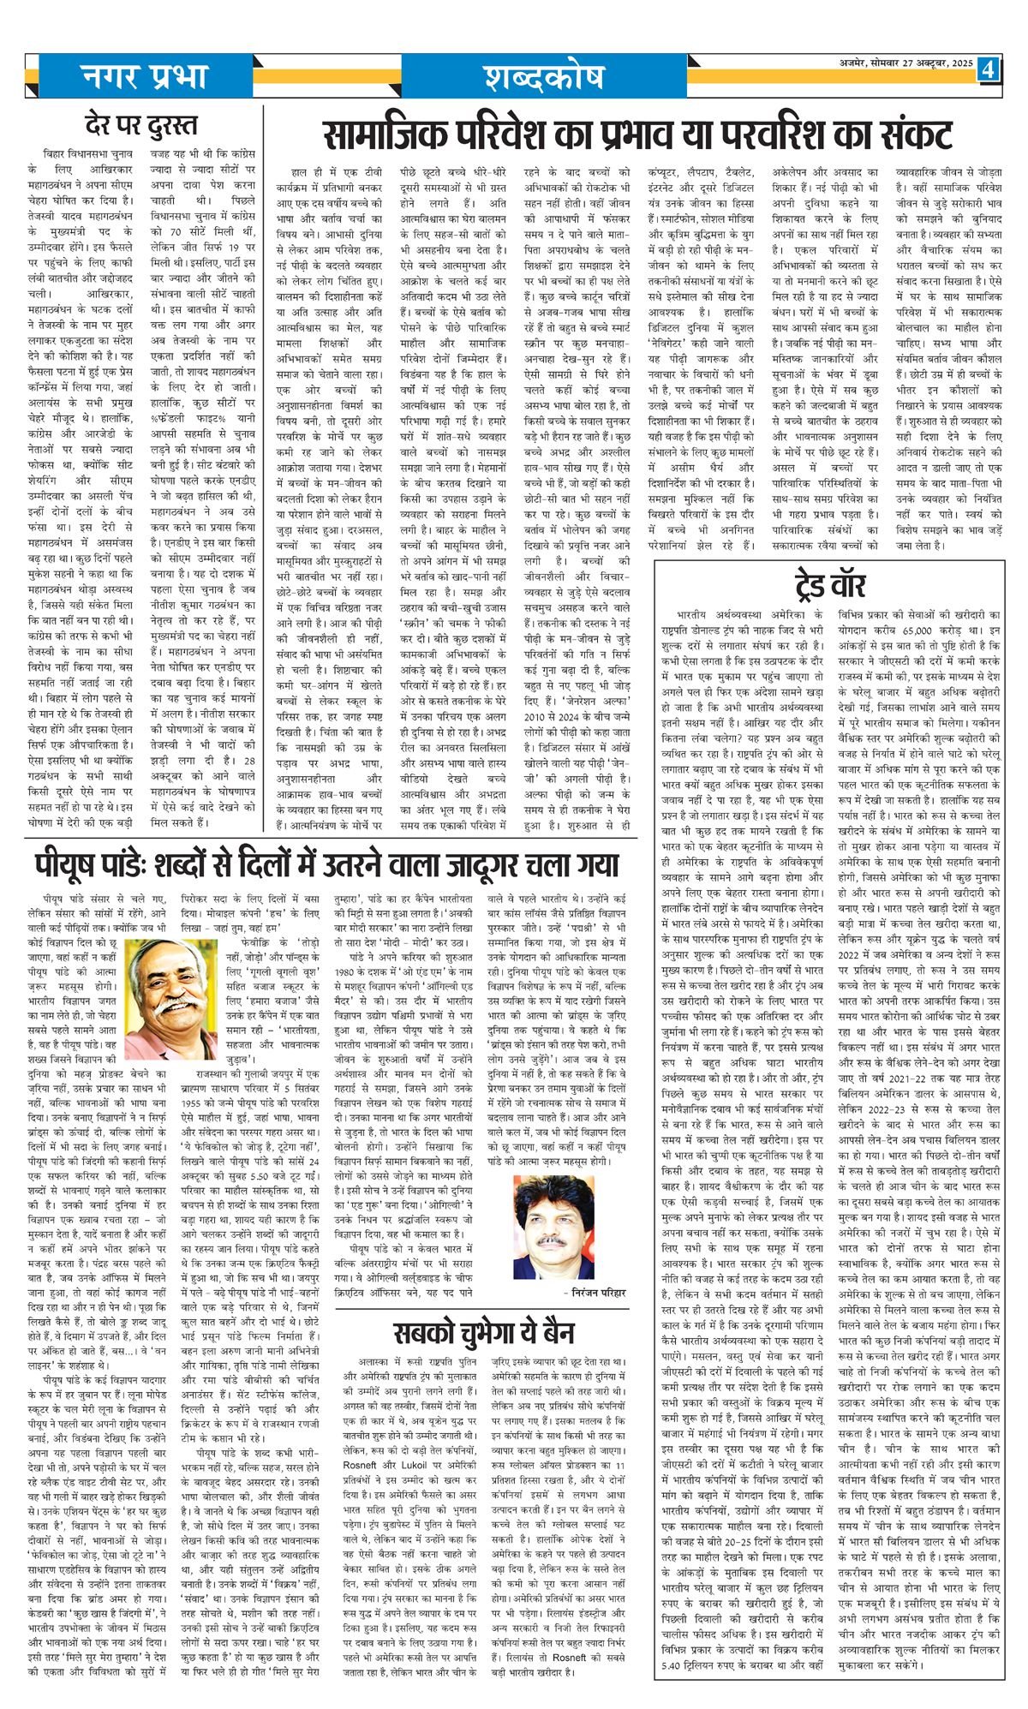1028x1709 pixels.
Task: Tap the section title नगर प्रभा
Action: [x=143, y=76]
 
